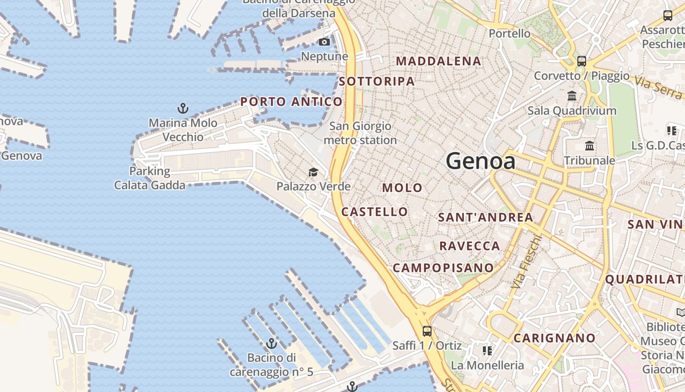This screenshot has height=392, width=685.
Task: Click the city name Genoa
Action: [480, 161]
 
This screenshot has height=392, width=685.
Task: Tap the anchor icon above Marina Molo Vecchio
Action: [183, 108]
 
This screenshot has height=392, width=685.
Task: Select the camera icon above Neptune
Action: [324, 42]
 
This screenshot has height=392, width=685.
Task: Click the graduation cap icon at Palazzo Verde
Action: [313, 172]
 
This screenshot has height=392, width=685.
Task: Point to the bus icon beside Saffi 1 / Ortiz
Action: [427, 331]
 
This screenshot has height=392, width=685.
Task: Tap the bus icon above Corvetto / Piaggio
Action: [581, 61]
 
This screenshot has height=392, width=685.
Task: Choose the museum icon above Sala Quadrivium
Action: [571, 96]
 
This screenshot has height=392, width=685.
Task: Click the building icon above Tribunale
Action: [590, 146]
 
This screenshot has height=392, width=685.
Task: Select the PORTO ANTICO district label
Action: [292, 102]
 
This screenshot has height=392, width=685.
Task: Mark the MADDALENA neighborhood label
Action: [438, 61]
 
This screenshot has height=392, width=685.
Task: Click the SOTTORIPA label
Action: [377, 81]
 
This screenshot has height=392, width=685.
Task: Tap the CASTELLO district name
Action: [374, 212]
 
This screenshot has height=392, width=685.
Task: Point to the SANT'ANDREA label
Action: [485, 217]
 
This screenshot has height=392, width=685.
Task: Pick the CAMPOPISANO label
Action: [443, 268]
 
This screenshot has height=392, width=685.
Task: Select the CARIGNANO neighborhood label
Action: [554, 338]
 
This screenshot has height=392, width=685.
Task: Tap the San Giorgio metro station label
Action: [360, 133]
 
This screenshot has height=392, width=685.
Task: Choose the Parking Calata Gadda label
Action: [150, 178]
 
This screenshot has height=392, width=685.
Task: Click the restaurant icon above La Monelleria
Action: [487, 350]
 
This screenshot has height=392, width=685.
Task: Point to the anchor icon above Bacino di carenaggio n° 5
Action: [271, 343]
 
